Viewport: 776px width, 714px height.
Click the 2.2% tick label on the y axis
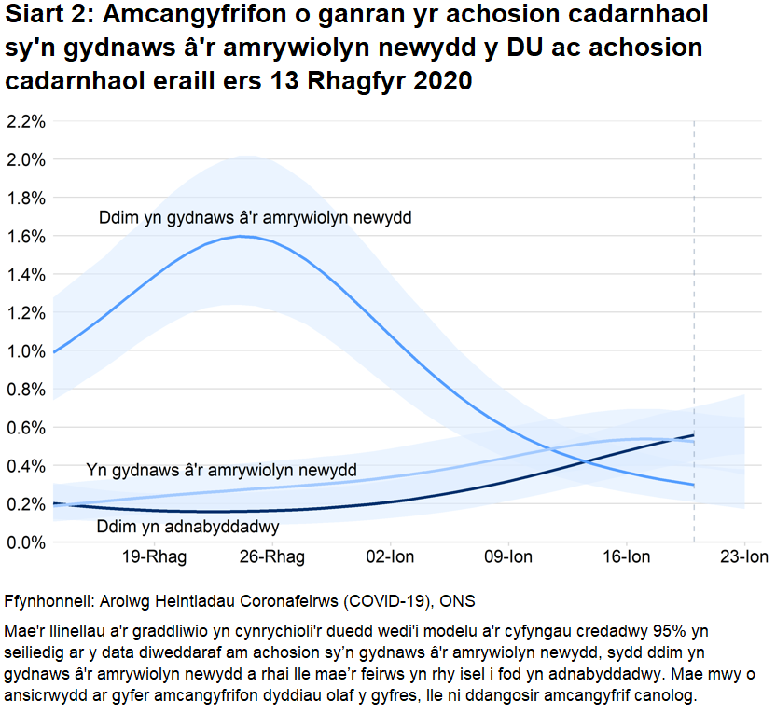tap(25, 121)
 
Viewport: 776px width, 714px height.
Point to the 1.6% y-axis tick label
tap(25, 236)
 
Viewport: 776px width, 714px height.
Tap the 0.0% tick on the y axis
tap(25, 542)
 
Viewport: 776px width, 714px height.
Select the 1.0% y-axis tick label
tap(25, 350)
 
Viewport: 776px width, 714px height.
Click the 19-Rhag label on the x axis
tap(154, 558)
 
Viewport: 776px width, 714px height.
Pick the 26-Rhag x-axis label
tap(272, 558)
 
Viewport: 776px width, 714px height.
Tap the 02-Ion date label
tap(390, 558)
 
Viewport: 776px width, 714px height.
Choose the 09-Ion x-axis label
tap(508, 558)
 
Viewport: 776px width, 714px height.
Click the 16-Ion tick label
tap(626, 558)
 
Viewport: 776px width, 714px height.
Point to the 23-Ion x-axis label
tap(743, 558)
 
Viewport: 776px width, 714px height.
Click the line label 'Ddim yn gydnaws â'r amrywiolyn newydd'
tap(255, 218)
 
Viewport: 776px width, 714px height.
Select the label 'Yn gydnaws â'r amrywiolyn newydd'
tap(221, 470)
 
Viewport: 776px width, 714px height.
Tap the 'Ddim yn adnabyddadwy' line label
tap(187, 527)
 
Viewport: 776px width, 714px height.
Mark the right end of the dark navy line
tap(694, 435)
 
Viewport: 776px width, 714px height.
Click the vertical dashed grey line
tap(694, 280)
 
